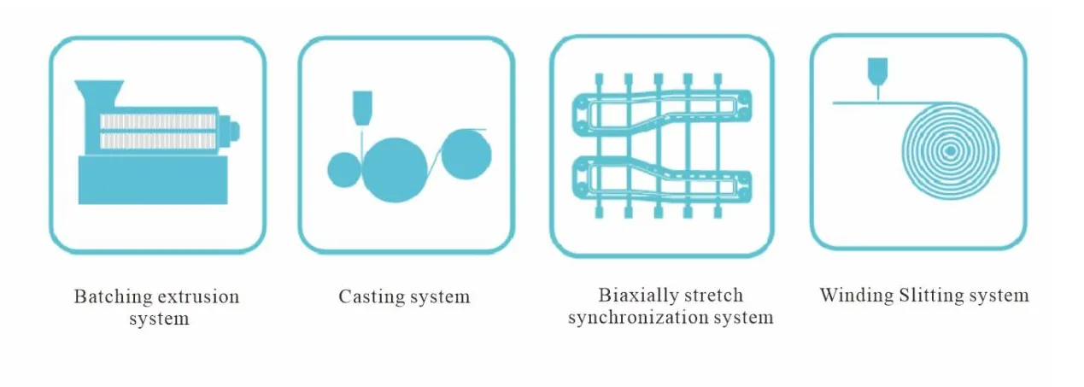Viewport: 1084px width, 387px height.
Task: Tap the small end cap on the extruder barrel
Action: coord(232,131)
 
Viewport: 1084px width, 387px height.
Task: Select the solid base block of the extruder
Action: coord(154,181)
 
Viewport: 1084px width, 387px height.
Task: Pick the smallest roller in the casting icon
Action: coord(343,169)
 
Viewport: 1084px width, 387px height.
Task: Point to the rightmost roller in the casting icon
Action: coord(467,153)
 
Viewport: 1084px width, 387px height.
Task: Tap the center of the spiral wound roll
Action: coord(948,151)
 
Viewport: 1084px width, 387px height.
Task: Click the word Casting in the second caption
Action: coord(371,297)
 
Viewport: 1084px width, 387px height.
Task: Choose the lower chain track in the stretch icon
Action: coord(662,179)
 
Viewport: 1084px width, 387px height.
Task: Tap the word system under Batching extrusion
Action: coord(159,320)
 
